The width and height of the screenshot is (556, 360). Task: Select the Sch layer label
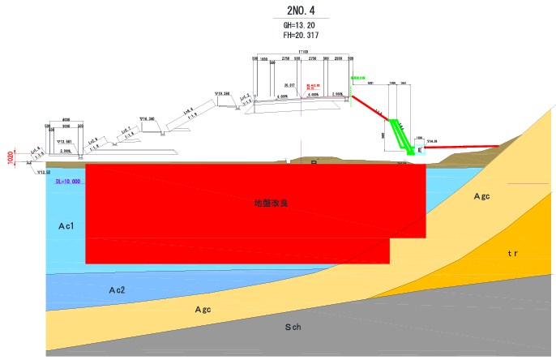click(293, 328)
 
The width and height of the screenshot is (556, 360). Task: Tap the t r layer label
click(512, 254)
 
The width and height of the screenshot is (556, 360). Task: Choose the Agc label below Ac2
click(203, 309)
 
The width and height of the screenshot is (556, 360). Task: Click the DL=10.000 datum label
click(68, 182)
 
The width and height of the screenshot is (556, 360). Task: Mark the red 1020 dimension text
click(11, 157)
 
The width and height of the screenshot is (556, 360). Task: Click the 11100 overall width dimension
click(302, 53)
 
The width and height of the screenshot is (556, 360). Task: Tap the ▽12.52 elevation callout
click(42, 172)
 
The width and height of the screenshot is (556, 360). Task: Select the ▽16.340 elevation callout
click(147, 118)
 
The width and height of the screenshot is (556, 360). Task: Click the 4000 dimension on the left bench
click(66, 120)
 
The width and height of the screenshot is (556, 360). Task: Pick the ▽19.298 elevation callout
click(222, 94)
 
